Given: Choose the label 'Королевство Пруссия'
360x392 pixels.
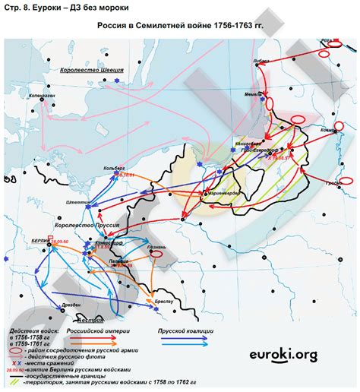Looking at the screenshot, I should point(84,226).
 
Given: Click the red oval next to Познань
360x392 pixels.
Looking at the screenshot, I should point(158,255).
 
